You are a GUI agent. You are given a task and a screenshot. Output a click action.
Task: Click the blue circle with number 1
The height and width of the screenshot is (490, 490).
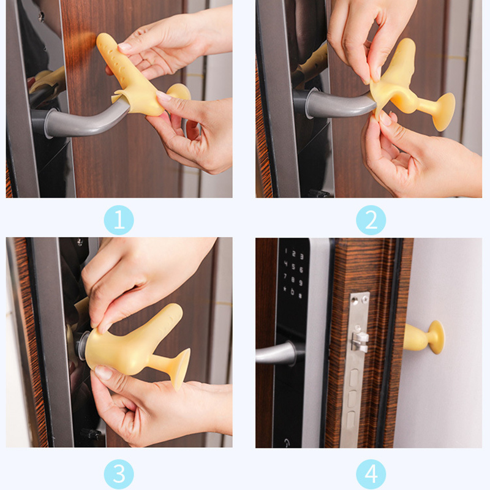point(119,220)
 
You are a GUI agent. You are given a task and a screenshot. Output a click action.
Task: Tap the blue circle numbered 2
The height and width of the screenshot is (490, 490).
point(371,220)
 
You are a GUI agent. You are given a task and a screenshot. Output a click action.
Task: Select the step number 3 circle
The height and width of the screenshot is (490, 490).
point(119,474)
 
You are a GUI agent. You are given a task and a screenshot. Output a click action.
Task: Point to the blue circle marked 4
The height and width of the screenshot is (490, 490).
point(371,474)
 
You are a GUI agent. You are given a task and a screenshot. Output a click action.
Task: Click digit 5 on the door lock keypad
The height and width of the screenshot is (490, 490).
point(293,266)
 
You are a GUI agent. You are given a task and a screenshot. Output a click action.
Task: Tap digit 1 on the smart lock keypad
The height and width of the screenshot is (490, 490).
point(285,251)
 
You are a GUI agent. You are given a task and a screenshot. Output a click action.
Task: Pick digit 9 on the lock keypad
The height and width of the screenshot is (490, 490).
point(301,283)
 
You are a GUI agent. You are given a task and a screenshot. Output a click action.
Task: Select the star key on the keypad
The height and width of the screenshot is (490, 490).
point(285,288)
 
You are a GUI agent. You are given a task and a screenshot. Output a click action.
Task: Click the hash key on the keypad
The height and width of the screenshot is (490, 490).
point(300,295)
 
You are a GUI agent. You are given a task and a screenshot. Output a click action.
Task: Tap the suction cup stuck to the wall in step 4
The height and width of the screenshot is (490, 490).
point(437,337)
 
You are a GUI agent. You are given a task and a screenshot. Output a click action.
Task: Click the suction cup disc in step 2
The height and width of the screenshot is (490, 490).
point(445,111)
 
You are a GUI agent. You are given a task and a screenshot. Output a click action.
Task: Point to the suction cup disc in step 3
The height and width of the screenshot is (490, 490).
point(181,369)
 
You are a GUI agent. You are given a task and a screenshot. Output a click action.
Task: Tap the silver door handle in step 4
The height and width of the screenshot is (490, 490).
point(277,353)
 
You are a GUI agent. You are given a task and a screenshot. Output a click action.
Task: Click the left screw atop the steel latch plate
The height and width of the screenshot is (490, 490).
point(354,301)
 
